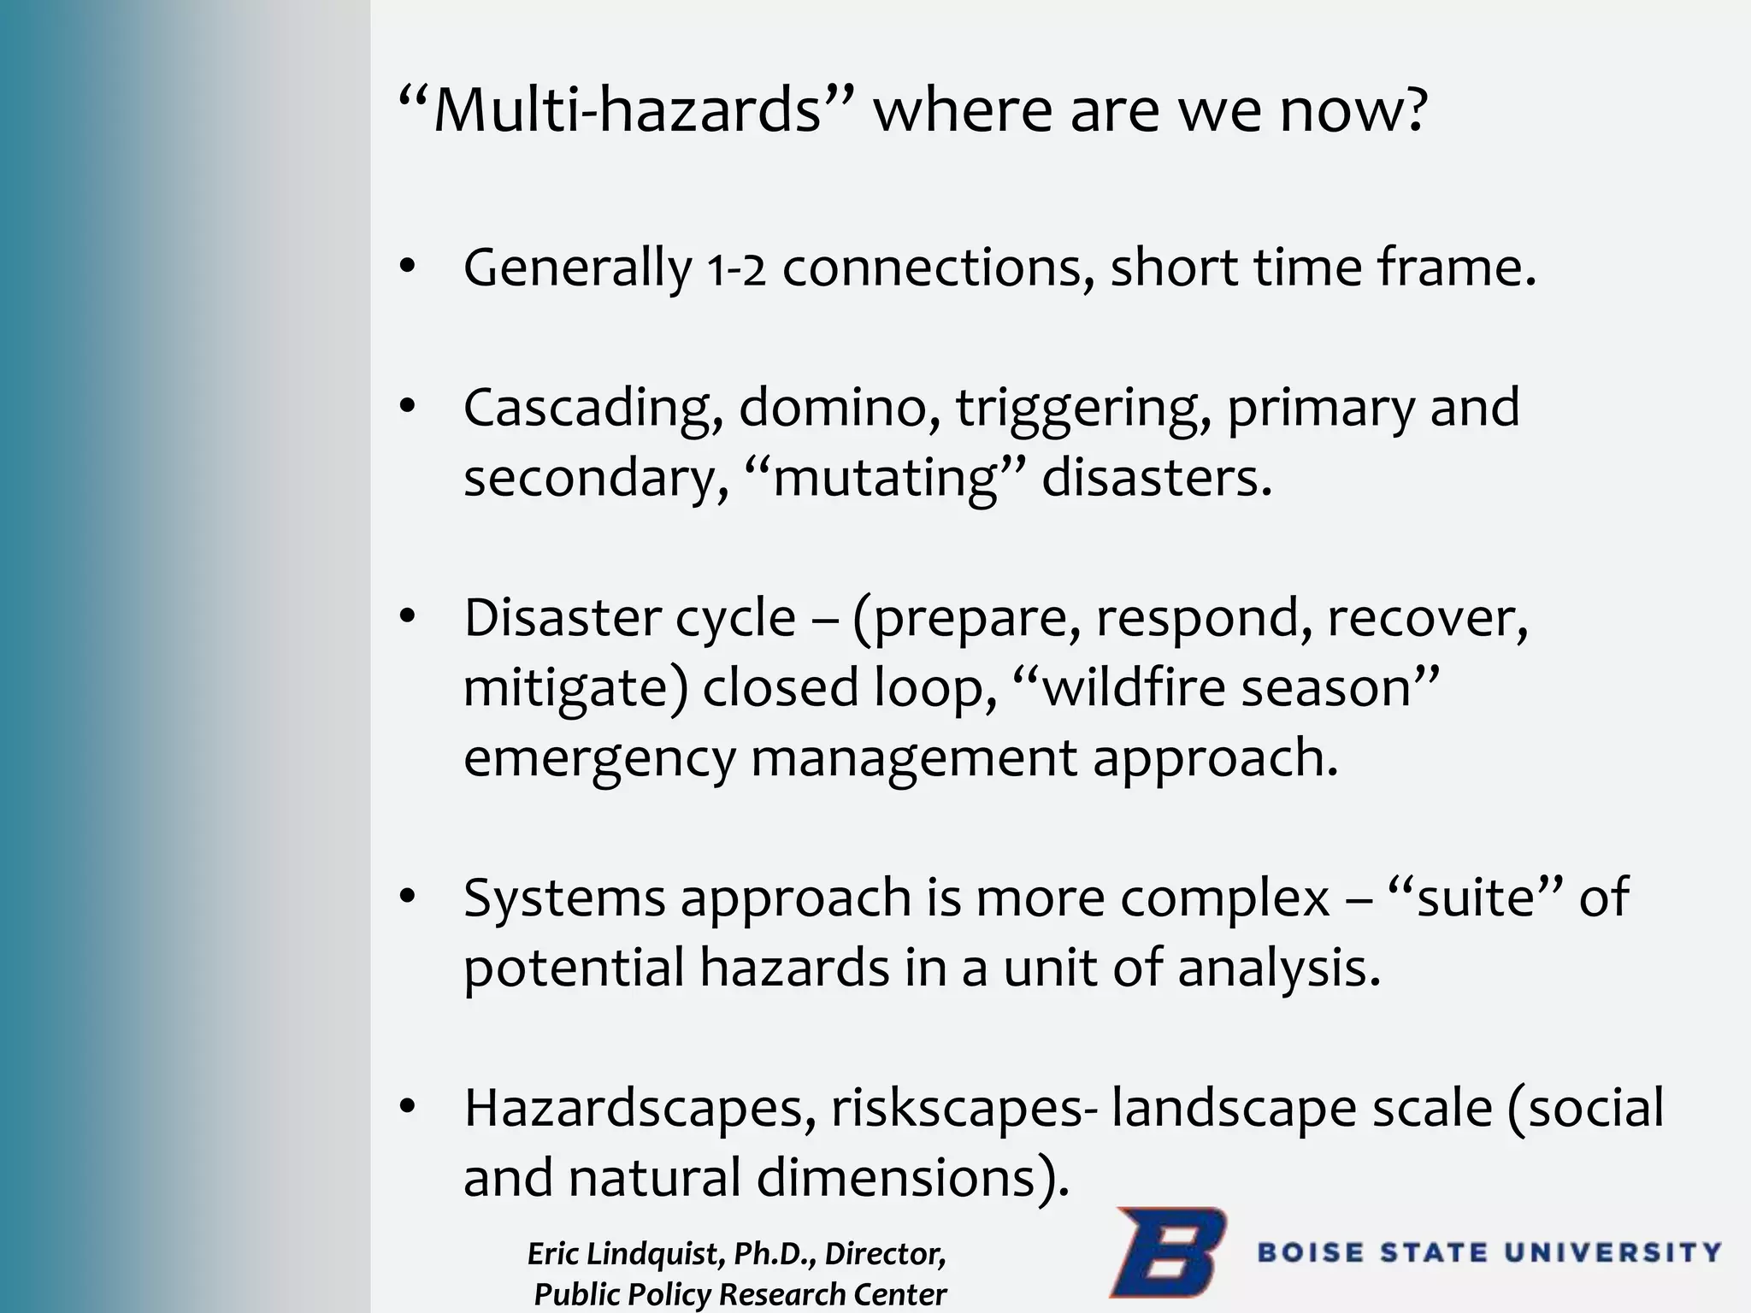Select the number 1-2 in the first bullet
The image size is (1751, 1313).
point(736,271)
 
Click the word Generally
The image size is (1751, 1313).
point(577,269)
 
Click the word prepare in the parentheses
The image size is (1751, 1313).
point(971,620)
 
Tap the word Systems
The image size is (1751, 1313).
point(564,899)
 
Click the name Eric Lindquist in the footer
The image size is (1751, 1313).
point(623,1254)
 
